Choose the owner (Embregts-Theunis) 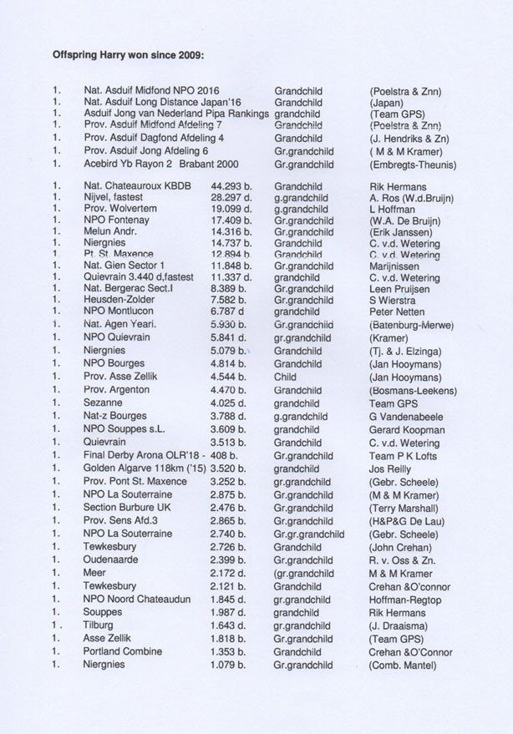click(413, 165)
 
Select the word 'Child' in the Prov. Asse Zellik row click(287, 377)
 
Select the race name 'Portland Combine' click(124, 652)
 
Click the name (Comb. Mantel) click(402, 666)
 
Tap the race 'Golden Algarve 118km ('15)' click(145, 469)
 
